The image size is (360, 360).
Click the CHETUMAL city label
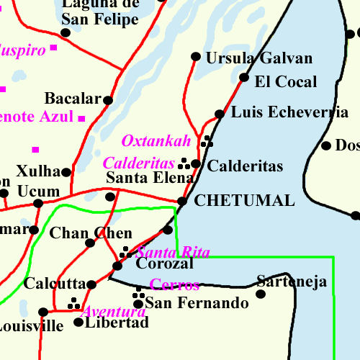[x=245, y=201]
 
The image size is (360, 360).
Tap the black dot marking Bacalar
[x=108, y=100]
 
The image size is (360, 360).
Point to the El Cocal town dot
[x=244, y=78]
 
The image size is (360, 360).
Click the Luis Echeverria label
[x=289, y=112]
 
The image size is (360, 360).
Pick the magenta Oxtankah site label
[x=156, y=140]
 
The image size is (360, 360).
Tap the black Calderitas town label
[x=245, y=166]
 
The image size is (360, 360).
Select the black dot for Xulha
[x=66, y=172]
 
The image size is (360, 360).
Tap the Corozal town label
[x=165, y=264]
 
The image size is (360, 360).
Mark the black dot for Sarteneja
[x=261, y=293]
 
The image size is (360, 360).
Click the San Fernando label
[x=197, y=303]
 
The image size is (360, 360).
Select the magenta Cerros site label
[x=174, y=284]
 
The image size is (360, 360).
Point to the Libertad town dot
[x=78, y=322]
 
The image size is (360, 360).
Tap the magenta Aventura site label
[x=113, y=312]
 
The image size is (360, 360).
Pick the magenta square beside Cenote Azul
[x=81, y=118]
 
